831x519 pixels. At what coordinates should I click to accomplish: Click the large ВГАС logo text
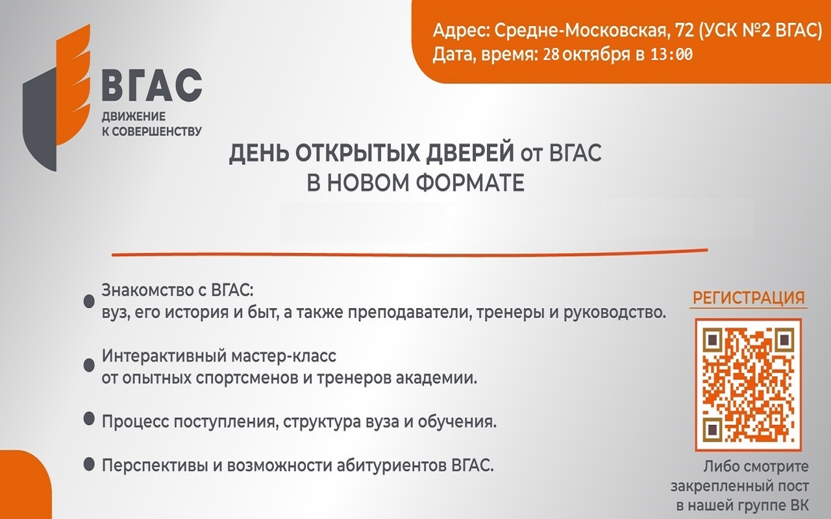[x=152, y=85]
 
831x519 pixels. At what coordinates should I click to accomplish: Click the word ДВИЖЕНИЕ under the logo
[x=134, y=116]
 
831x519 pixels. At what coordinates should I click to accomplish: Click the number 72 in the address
[x=684, y=31]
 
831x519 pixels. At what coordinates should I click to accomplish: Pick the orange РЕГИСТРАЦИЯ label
[x=749, y=298]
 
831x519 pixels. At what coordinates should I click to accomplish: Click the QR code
[x=749, y=385]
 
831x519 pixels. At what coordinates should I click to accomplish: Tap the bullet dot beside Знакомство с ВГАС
[x=89, y=302]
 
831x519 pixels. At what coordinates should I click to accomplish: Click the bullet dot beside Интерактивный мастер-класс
[x=89, y=365]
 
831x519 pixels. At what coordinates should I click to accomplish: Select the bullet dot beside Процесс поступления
[x=89, y=419]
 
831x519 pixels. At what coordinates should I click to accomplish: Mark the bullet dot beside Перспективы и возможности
[x=89, y=464]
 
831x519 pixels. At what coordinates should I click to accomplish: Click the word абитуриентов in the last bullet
[x=391, y=466]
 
